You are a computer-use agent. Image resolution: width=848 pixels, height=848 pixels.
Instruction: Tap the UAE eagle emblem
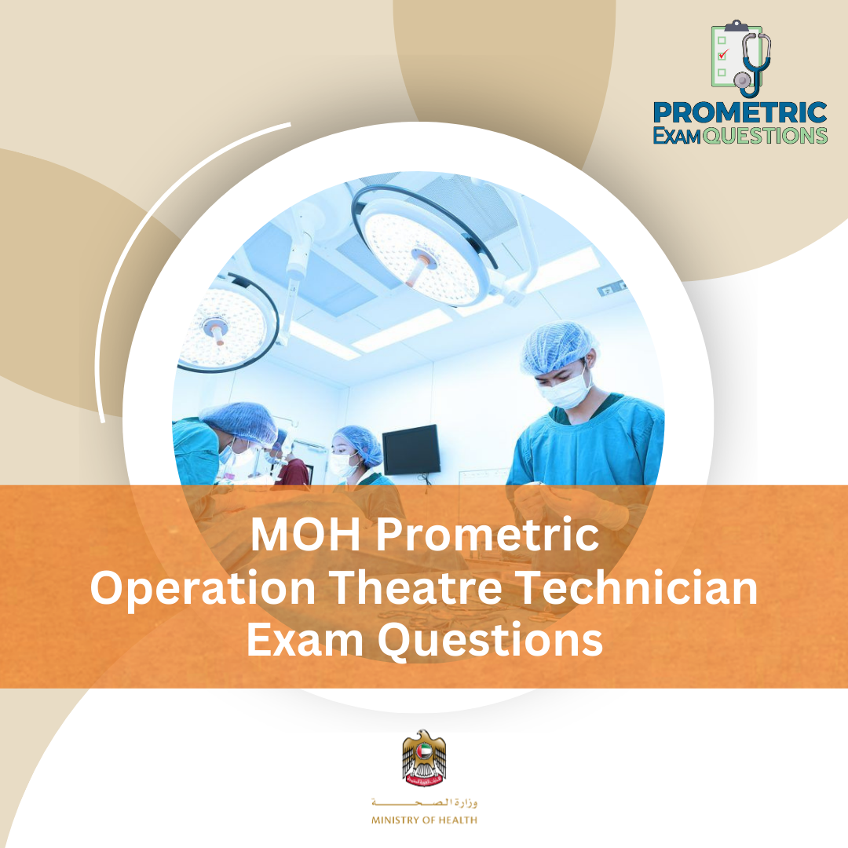pyautogui.click(x=424, y=758)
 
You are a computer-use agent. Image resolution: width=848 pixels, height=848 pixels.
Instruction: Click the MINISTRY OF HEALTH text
pyautogui.click(x=424, y=821)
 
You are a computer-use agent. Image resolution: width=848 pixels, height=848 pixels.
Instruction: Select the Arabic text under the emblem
pyautogui.click(x=424, y=803)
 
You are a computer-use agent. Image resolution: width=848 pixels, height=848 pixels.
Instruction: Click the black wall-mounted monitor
pyautogui.click(x=411, y=449)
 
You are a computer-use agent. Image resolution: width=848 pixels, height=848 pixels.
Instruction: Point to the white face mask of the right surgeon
pyautogui.click(x=567, y=391)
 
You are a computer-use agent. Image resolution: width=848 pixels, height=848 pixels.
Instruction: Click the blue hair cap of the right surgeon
pyautogui.click(x=559, y=345)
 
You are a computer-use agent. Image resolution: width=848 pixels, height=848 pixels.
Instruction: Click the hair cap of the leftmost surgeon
pyautogui.click(x=239, y=420)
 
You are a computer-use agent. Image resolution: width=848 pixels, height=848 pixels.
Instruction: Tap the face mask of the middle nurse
pyautogui.click(x=343, y=465)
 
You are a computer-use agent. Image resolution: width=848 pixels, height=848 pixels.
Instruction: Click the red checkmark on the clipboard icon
pyautogui.click(x=723, y=53)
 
